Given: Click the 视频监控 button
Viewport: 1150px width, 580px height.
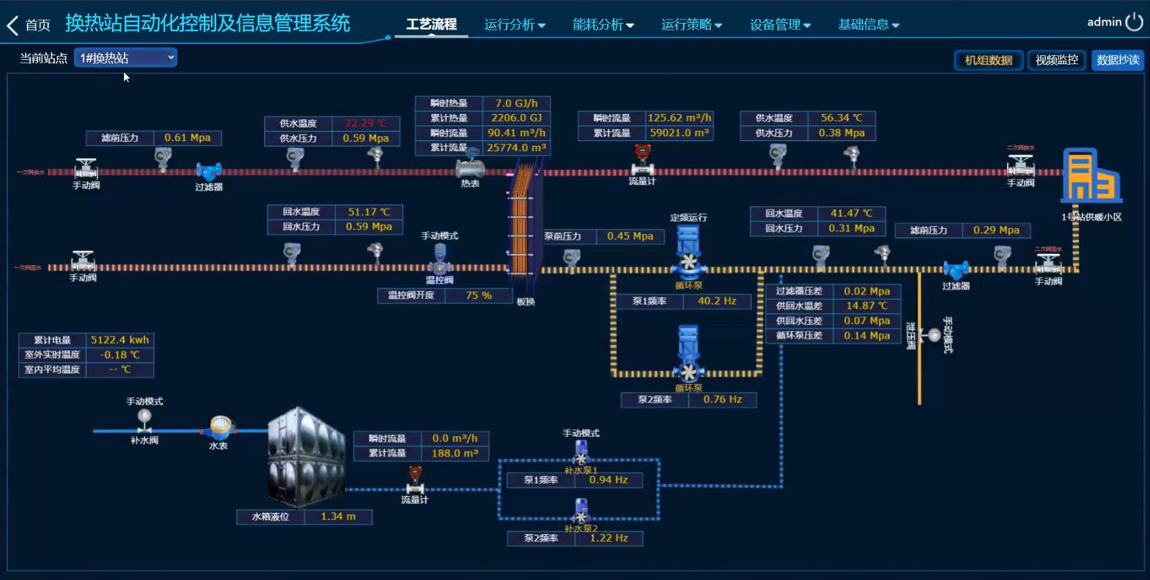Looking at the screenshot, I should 1056,60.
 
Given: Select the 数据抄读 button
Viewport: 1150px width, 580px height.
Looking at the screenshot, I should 1118,60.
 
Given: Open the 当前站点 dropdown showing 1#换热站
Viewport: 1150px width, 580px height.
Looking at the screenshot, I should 125,58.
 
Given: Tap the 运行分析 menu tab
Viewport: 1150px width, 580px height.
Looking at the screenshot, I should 515,25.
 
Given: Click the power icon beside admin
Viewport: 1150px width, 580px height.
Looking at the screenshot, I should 1135,22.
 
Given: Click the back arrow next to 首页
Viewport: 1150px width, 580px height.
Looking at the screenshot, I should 12,26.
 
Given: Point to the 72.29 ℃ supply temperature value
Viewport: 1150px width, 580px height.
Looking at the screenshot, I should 366,123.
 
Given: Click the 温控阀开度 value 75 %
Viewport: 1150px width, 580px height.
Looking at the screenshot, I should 478,295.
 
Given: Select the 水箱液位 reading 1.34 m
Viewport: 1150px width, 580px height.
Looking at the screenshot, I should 338,517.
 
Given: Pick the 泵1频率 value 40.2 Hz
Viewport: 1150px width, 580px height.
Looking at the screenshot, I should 717,301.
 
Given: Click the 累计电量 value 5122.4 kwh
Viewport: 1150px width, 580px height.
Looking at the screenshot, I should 120,340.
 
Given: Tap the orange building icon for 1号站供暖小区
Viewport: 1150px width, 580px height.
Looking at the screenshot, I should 1091,176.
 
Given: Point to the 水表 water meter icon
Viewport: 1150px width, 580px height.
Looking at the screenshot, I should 220,427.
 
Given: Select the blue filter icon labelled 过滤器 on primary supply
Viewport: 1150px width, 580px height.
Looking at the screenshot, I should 209,172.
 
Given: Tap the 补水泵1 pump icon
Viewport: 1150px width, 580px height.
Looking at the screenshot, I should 581,453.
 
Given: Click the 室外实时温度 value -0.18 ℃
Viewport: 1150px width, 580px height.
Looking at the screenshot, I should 120,355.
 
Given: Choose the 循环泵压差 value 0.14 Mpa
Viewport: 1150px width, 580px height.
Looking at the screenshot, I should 866,336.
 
